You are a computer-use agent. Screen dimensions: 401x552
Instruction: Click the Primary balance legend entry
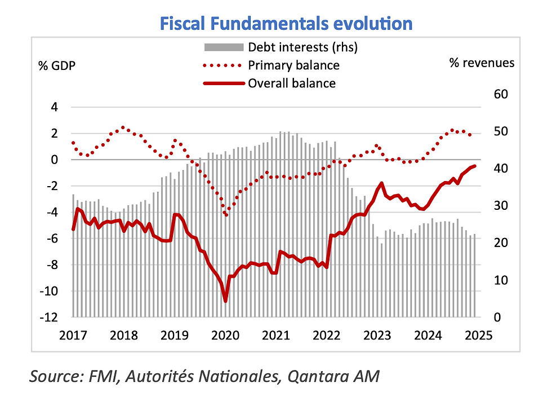coord(293,65)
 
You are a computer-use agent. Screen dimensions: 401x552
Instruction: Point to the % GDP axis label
coord(56,64)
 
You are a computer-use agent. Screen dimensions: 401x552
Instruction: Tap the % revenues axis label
coord(482,63)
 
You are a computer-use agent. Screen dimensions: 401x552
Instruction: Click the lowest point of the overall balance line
coord(226,301)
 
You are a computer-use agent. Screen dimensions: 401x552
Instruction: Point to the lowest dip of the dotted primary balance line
coord(226,215)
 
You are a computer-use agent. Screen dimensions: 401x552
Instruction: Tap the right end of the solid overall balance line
coord(475,166)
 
